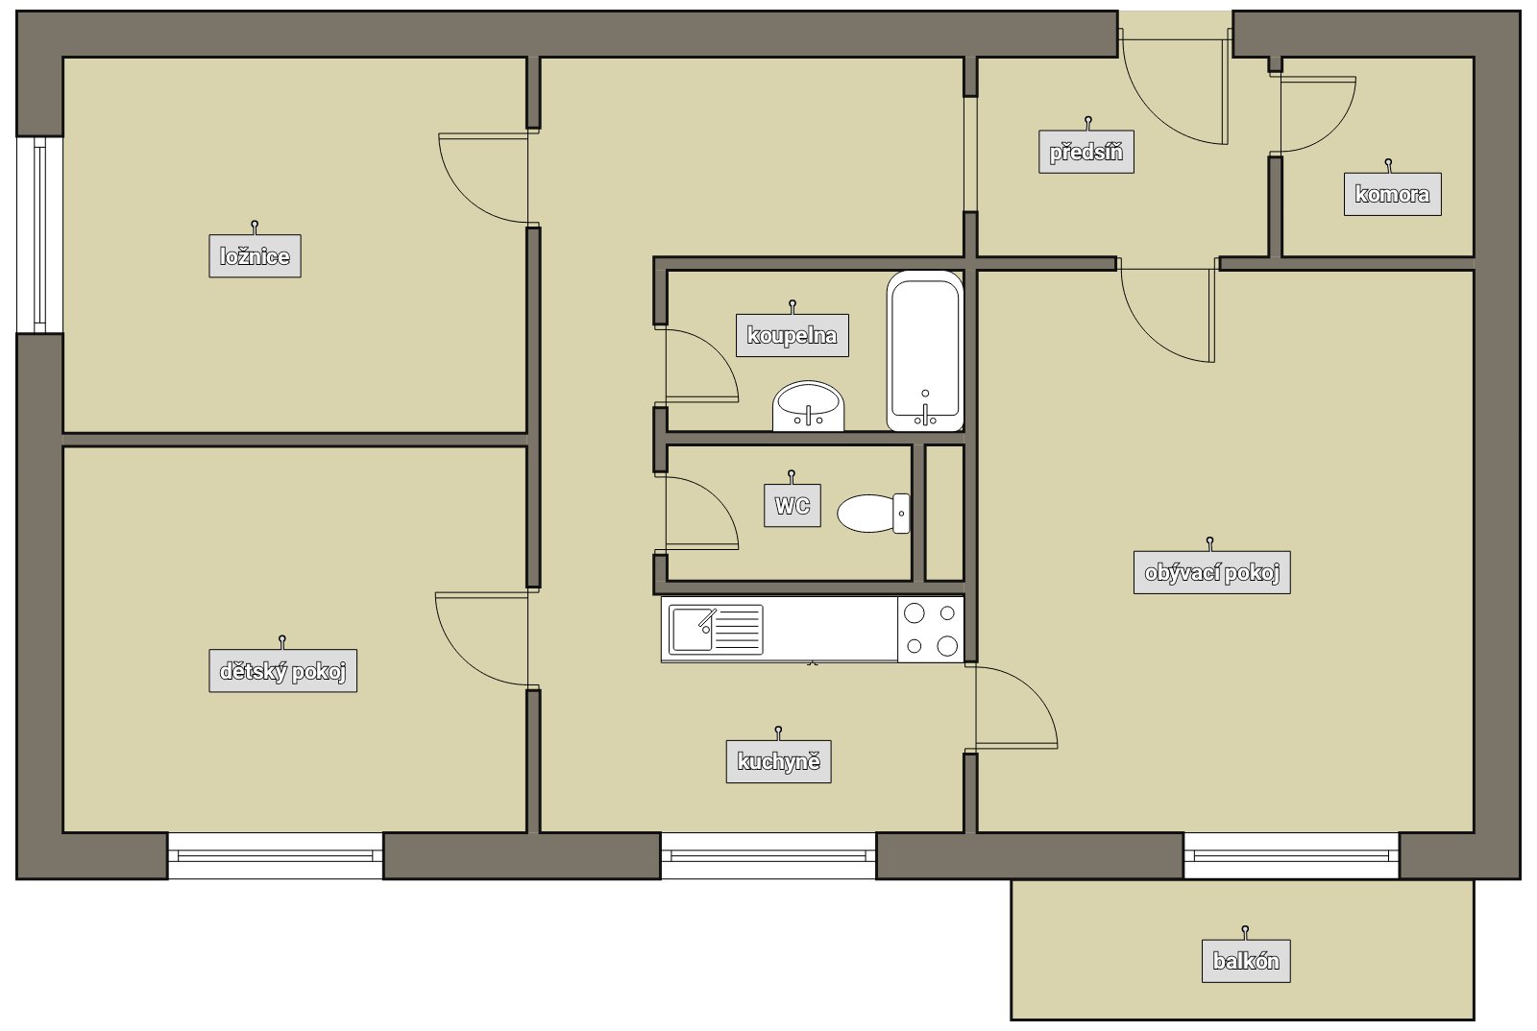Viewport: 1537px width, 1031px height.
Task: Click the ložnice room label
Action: pyautogui.click(x=255, y=256)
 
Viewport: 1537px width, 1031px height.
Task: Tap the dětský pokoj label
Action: pyautogui.click(x=282, y=670)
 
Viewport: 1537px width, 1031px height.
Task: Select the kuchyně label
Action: pyautogui.click(x=779, y=761)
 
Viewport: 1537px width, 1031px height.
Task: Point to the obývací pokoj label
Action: pyautogui.click(x=1211, y=572)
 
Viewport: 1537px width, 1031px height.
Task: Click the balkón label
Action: pyautogui.click(x=1246, y=961)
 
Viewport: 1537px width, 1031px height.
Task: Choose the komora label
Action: pyautogui.click(x=1392, y=194)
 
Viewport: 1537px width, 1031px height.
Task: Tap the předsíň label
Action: pyautogui.click(x=1086, y=152)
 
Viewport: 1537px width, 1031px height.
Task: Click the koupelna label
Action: pyautogui.click(x=792, y=335)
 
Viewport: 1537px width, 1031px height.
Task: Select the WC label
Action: pyautogui.click(x=793, y=506)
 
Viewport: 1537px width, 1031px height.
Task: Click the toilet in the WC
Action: pyautogui.click(x=873, y=514)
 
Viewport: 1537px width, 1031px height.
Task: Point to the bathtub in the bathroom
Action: pyautogui.click(x=925, y=351)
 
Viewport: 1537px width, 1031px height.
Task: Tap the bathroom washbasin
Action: pyautogui.click(x=808, y=406)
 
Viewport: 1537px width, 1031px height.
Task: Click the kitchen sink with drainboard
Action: pyautogui.click(x=716, y=630)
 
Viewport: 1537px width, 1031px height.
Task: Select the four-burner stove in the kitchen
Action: pyautogui.click(x=931, y=630)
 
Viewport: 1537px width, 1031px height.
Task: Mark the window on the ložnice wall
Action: pyautogui.click(x=39, y=235)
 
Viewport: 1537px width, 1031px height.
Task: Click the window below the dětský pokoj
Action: pyautogui.click(x=275, y=855)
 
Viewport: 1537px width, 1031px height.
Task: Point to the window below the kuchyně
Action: pyautogui.click(x=768, y=855)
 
